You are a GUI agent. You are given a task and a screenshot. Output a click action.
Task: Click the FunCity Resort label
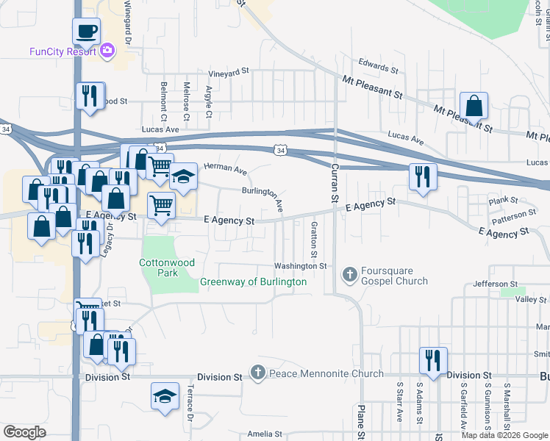63,51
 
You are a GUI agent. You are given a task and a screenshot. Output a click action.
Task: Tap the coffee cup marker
87,32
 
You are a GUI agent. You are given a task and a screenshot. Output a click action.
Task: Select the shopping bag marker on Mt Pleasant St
474,106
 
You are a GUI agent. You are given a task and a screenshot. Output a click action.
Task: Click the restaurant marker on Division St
433,360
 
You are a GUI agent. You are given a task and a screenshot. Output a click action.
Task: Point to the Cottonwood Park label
159,268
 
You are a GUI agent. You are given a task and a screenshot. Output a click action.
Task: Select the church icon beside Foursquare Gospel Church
349,276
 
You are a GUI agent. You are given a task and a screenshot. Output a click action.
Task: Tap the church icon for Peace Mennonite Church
258,373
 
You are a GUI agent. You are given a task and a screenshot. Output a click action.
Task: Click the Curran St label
332,184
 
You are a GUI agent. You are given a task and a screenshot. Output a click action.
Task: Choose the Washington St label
300,266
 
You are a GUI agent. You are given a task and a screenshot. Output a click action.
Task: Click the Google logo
25,432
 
